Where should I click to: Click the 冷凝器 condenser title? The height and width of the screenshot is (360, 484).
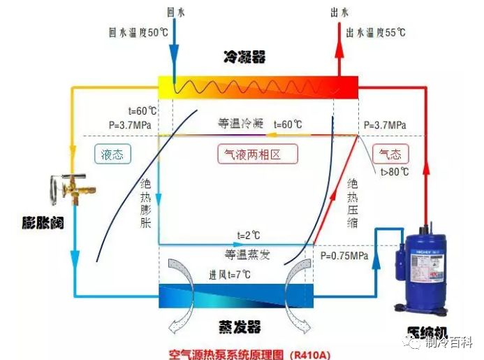(244, 57)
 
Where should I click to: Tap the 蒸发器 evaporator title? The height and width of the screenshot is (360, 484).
(240, 327)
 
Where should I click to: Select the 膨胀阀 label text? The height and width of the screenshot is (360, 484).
(43, 222)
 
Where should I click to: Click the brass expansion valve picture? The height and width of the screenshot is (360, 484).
(73, 189)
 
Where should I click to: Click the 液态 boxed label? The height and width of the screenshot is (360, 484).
(112, 154)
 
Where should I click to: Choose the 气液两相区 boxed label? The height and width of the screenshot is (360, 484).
(258, 154)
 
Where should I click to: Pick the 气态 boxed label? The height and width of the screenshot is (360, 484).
(390, 154)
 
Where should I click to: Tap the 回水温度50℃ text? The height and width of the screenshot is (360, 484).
(138, 32)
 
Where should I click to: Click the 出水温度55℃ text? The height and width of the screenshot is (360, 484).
(376, 32)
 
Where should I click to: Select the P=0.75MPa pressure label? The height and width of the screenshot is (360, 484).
(344, 256)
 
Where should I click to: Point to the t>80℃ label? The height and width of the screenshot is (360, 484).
(395, 171)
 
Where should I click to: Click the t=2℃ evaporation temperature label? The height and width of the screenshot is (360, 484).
(249, 236)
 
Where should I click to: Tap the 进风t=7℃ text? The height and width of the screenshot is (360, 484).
(230, 275)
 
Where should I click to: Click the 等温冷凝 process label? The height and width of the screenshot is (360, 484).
(241, 124)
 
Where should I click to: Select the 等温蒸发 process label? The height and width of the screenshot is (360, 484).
(247, 254)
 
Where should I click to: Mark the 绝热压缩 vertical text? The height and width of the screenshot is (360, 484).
(352, 203)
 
